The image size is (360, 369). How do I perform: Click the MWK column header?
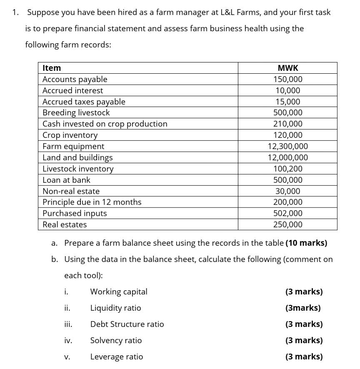click(x=287, y=68)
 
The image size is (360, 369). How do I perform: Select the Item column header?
click(x=52, y=68)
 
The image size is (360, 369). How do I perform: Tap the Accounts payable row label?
click(x=75, y=79)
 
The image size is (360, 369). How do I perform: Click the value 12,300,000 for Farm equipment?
click(x=287, y=146)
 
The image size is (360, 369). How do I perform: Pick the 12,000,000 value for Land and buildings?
click(x=287, y=157)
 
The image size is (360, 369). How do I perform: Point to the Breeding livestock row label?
click(x=76, y=112)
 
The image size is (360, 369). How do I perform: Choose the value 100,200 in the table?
click(x=287, y=169)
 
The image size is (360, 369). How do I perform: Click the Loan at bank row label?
click(x=66, y=180)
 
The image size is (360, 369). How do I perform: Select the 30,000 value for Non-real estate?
click(x=287, y=191)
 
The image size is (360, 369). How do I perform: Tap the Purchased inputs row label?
click(x=75, y=213)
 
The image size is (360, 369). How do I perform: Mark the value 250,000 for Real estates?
click(x=287, y=224)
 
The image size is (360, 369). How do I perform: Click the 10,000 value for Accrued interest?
click(x=287, y=90)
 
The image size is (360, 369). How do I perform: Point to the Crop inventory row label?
click(x=70, y=135)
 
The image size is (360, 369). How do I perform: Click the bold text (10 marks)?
click(x=306, y=243)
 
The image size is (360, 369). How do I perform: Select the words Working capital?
click(x=119, y=292)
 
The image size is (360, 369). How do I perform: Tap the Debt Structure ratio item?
click(x=127, y=324)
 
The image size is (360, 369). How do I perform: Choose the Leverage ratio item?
click(x=117, y=357)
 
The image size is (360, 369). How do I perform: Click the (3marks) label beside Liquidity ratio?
click(x=303, y=308)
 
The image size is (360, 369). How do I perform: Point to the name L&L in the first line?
click(x=221, y=12)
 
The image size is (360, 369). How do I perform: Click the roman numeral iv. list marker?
click(x=68, y=340)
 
